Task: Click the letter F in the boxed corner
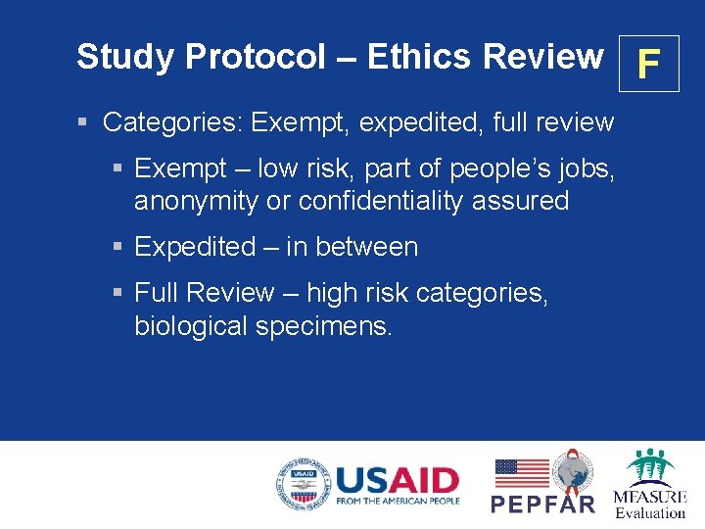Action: [647, 65]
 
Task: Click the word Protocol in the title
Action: [256, 58]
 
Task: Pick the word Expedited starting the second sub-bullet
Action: [195, 247]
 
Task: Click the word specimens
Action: [324, 326]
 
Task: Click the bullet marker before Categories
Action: [84, 122]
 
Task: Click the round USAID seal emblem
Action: [303, 485]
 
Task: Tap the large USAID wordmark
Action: [397, 479]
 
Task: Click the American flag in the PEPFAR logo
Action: [521, 473]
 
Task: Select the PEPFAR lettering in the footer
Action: [542, 504]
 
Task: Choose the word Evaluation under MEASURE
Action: [650, 512]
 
